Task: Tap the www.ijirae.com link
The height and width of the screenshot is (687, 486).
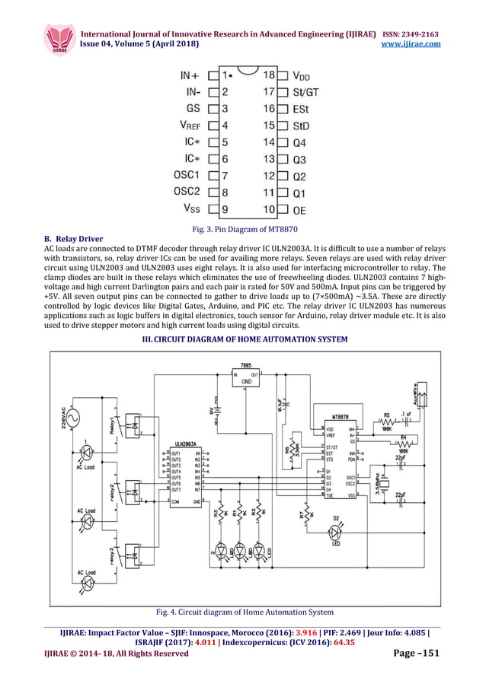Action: [415, 44]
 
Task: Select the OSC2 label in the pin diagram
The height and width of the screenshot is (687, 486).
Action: [185, 191]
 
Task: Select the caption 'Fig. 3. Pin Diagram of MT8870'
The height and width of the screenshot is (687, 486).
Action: [243, 230]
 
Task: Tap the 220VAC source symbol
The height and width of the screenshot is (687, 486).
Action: [74, 418]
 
